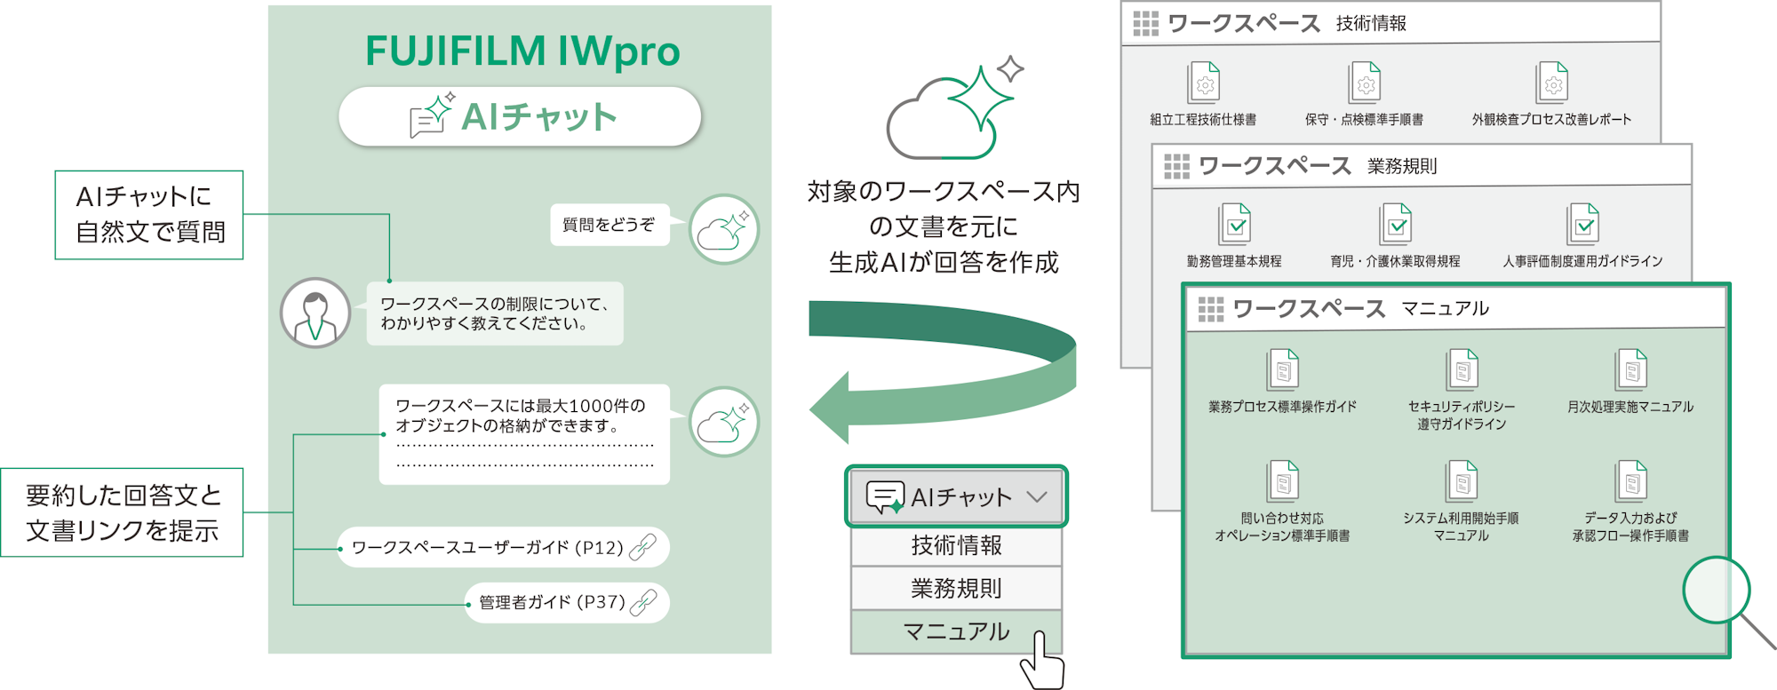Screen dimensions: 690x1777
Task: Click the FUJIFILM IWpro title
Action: coord(522,51)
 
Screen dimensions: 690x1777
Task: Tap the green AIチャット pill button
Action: coord(520,116)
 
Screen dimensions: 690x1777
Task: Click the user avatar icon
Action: coord(315,313)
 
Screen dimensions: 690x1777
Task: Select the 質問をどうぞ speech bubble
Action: coord(610,225)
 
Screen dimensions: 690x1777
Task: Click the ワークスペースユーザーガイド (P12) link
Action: coord(503,547)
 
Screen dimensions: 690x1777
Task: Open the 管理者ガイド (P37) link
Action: coord(567,602)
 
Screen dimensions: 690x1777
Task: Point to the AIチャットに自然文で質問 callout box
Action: coord(149,215)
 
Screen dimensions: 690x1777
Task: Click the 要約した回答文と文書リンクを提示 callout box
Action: coord(123,512)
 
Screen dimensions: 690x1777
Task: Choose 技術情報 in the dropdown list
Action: coord(956,545)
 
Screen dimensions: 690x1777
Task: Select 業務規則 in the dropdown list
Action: coord(956,588)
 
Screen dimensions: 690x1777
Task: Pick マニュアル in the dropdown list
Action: coord(956,631)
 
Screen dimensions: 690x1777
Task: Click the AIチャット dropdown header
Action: coord(956,496)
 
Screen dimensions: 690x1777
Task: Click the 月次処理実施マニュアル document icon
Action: coord(1630,369)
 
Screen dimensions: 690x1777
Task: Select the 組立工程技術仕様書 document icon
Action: coord(1204,83)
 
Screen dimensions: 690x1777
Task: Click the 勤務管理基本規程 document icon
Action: coord(1234,224)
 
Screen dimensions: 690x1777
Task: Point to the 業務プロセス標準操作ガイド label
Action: coord(1282,407)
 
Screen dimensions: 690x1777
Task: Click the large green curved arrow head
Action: coord(831,408)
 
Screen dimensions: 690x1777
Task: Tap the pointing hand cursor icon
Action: coord(1041,661)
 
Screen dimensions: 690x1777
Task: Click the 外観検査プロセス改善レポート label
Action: coord(1551,119)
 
